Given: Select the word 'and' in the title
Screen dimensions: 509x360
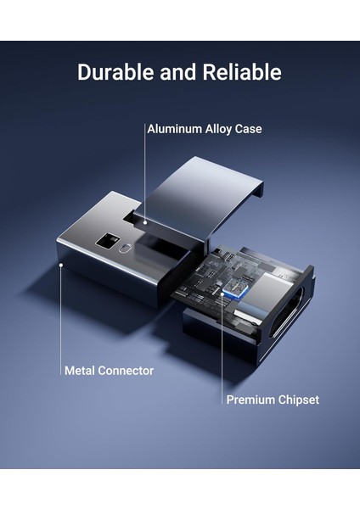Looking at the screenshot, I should click(176, 72).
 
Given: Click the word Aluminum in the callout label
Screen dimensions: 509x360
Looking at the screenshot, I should click(175, 130).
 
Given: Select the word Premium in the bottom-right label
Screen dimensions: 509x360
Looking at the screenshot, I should click(250, 399).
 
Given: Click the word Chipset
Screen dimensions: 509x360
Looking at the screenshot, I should click(299, 399).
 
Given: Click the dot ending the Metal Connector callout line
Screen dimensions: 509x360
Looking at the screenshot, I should click(61, 265).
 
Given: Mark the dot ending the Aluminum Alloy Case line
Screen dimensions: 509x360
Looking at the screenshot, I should click(143, 223).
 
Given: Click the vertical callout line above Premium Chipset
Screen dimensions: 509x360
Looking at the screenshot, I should click(222, 348).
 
